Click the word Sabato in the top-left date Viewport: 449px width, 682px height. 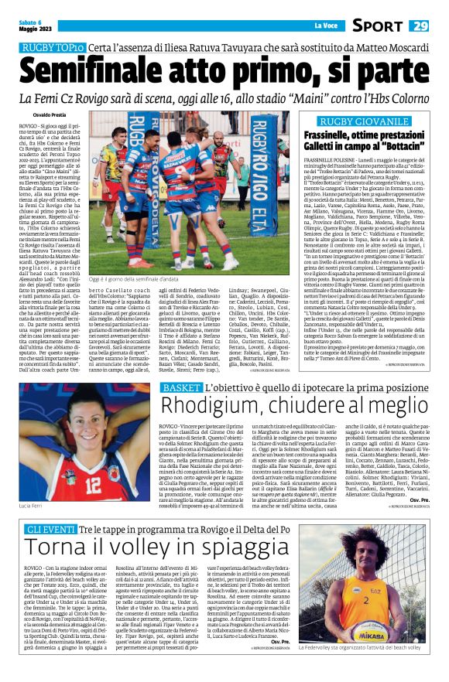coord(28,22)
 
